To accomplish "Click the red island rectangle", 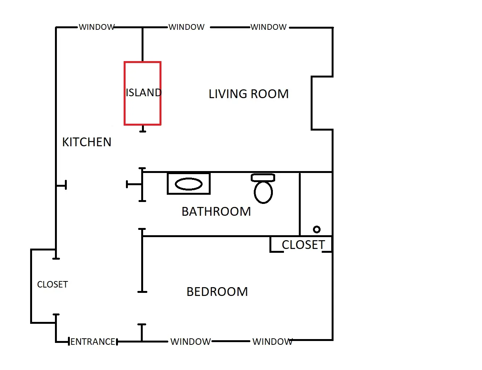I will click(142, 111).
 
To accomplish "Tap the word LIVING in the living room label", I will click(227, 94).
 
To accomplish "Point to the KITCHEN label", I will click(87, 142).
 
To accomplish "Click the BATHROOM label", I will click(216, 212).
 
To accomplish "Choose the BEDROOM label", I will click(217, 292).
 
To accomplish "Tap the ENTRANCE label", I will click(93, 342).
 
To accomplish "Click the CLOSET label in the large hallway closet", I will click(52, 284).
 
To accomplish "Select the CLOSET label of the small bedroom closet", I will click(303, 245).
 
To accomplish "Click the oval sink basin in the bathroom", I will click(189, 184).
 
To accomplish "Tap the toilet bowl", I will click(263, 192).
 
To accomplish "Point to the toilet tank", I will click(263, 178).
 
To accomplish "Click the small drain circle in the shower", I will click(316, 229).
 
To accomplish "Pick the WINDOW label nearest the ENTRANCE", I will click(190, 342).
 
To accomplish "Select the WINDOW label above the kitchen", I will click(97, 27).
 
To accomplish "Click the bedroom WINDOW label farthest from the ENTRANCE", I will click(272, 342).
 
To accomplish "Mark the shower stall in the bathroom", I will click(316, 202).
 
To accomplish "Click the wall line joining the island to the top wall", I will click(143, 44).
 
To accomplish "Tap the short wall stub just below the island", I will click(143, 129).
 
